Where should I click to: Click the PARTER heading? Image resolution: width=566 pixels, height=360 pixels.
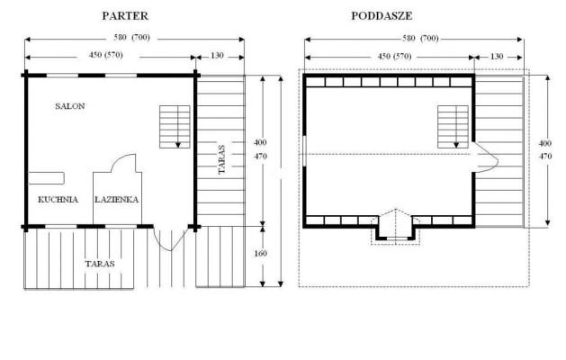coord(125,16)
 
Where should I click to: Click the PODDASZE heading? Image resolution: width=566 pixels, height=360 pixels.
coord(382,16)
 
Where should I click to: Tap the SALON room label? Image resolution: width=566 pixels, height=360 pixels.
coord(70,106)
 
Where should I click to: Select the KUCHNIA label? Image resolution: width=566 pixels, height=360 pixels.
coord(58,199)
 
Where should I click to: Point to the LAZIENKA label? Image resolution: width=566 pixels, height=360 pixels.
coord(117,199)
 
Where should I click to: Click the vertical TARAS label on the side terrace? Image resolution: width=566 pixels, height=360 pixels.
coord(221,159)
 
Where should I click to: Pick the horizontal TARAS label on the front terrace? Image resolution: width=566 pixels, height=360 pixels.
coord(100,264)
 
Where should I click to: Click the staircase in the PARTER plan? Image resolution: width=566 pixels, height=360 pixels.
coord(175,127)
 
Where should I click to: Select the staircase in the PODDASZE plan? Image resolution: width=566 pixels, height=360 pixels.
coord(453,127)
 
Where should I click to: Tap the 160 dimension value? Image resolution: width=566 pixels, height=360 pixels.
coord(260,254)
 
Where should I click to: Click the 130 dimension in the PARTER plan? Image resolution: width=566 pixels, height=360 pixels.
coord(217,56)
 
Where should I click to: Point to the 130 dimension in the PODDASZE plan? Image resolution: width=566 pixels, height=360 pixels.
coord(497,57)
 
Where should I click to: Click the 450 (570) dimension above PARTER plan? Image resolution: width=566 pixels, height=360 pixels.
coord(106,55)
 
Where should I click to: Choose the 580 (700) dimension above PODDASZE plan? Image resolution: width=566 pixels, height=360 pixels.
coord(420,39)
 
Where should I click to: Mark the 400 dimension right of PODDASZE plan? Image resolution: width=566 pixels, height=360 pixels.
coord(545,143)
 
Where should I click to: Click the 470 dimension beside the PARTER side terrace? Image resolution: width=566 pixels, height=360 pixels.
coord(260,157)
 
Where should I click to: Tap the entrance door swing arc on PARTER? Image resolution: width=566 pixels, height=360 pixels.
coord(170,250)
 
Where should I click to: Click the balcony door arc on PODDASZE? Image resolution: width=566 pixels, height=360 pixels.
coord(495,156)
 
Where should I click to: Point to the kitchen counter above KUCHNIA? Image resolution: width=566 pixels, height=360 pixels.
coord(46,178)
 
